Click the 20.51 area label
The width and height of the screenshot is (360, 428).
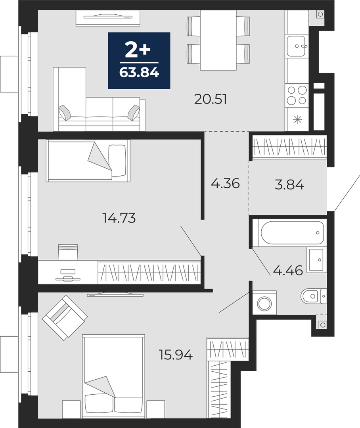coord(211,99)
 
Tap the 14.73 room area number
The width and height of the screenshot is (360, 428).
coord(119,218)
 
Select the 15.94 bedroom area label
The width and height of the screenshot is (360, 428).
coord(176,355)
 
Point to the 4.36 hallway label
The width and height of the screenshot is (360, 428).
coord(225,183)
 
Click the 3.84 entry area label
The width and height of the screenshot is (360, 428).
coord(289,185)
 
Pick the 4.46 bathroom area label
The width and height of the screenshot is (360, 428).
coord(288,271)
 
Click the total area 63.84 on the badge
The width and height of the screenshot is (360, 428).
coord(139,73)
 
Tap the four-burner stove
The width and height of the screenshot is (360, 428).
coord(297,95)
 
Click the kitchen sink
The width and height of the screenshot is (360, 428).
coord(296,46)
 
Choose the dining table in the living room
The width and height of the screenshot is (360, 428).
coord(218,40)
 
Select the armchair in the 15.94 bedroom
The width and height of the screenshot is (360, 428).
coord(65,317)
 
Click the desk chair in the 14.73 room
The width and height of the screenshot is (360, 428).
coord(68,251)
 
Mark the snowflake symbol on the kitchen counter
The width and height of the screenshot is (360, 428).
coord(297,119)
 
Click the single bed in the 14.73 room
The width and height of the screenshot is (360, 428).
coord(88,161)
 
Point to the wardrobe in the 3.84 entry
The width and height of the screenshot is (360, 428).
coord(289,148)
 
